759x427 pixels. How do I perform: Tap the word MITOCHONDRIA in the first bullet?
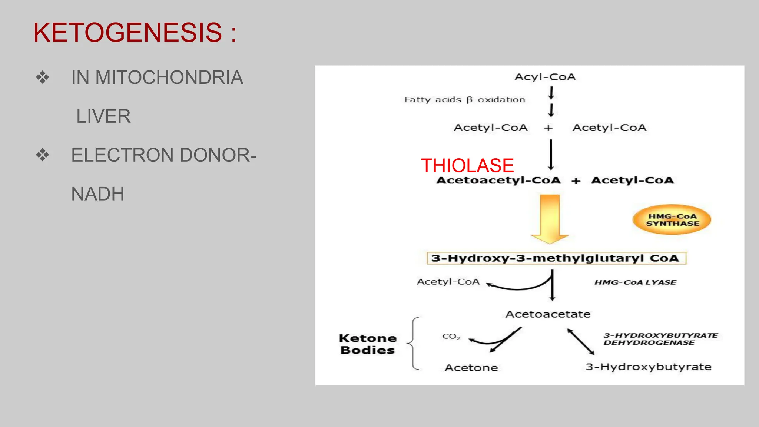click(x=169, y=77)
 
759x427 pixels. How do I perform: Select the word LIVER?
click(x=103, y=116)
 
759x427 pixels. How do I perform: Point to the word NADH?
click(x=97, y=194)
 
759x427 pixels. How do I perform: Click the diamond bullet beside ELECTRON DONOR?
click(x=43, y=155)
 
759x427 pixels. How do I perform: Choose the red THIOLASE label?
click(x=467, y=165)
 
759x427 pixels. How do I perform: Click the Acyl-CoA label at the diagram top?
click(x=545, y=77)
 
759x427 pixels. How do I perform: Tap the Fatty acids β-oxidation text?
click(x=464, y=100)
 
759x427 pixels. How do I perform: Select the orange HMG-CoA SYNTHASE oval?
click(x=672, y=220)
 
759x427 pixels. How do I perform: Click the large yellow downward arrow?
click(x=550, y=219)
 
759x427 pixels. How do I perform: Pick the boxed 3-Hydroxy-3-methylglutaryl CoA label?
click(x=556, y=258)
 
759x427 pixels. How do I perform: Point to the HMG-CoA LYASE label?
click(x=635, y=282)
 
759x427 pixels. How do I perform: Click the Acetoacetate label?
click(x=548, y=314)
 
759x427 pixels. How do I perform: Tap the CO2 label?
click(x=451, y=337)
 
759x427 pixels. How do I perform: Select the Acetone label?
click(x=471, y=368)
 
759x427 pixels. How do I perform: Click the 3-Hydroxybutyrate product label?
click(x=648, y=367)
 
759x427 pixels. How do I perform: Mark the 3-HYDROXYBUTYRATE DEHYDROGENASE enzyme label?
click(x=660, y=339)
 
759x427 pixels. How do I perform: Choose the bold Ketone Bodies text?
click(x=368, y=344)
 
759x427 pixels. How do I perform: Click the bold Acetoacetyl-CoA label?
click(x=498, y=181)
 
